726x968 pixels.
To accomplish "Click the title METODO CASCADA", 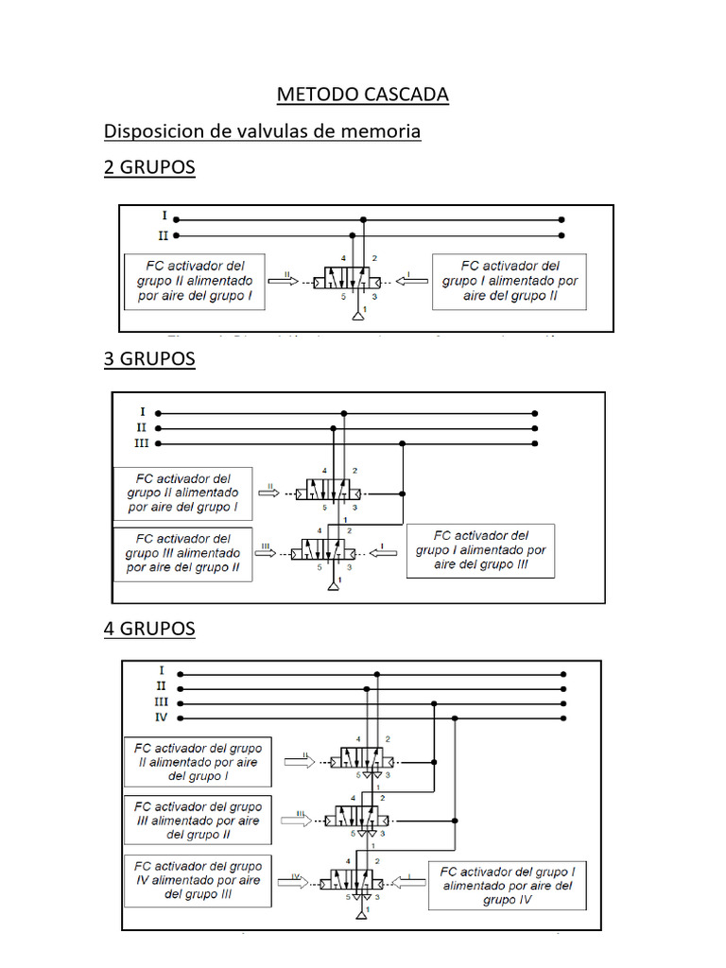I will click(x=362, y=95).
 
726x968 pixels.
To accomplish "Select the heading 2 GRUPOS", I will click(x=149, y=167).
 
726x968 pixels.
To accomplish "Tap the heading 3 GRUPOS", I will click(x=149, y=358).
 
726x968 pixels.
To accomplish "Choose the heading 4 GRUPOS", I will click(x=149, y=629).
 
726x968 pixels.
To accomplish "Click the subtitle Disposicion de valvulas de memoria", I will click(x=262, y=131).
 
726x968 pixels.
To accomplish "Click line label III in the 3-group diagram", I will click(x=141, y=442).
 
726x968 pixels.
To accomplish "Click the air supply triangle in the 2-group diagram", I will click(x=357, y=313).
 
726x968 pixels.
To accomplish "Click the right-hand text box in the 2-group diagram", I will click(x=509, y=281).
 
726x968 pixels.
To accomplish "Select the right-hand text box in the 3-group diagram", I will click(x=480, y=550).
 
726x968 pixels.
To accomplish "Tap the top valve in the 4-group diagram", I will click(x=361, y=759).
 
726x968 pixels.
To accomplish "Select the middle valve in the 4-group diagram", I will click(x=355, y=819).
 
